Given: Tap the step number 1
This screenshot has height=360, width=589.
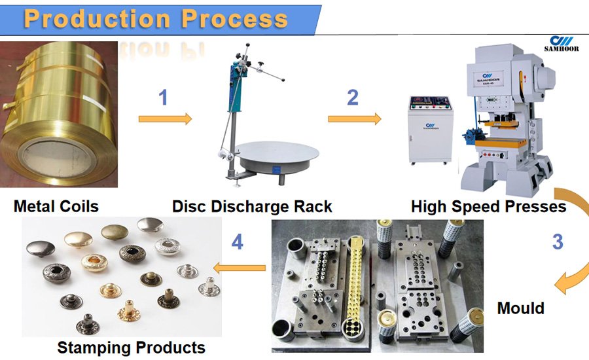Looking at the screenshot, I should (164, 98).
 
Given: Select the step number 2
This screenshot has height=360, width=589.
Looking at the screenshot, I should (353, 98).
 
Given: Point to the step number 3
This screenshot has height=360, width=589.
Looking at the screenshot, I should (557, 242).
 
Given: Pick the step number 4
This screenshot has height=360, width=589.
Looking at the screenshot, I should (237, 243).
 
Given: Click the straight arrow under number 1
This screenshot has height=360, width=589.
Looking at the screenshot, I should (165, 118).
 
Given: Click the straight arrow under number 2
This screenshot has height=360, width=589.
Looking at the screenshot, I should (354, 118).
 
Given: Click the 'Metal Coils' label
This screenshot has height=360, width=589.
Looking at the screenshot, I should (56, 207).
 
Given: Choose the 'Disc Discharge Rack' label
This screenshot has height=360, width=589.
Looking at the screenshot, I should (252, 207).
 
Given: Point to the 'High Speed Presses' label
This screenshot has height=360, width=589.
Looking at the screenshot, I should (488, 207).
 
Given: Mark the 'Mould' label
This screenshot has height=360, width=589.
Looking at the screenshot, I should (520, 308).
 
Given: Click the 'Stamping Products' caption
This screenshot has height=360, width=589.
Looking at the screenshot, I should (131, 347).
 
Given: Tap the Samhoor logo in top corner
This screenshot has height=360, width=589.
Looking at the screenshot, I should (561, 43).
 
